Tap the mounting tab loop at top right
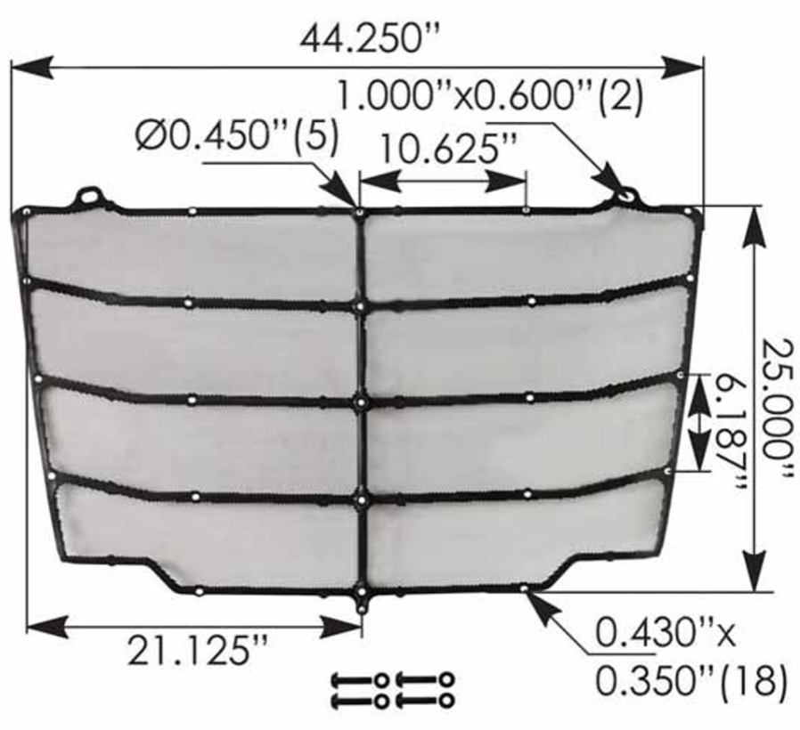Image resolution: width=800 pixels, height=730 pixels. pos(626,193)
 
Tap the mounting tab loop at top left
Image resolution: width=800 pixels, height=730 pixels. pos(90,193)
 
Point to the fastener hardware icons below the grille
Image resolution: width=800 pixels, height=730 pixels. pos(392,690)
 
